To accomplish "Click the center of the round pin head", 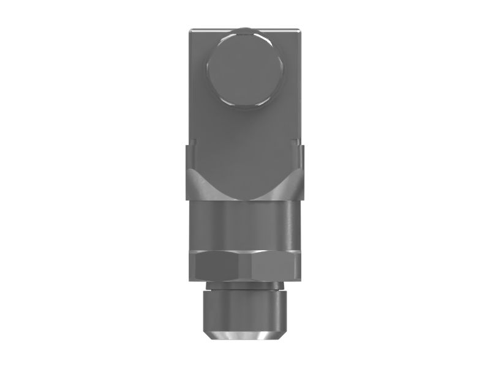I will pyautogui.click(x=246, y=69).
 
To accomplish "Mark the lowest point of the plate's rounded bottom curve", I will pyautogui.click(x=244, y=200).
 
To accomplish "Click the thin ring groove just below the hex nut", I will pyautogui.click(x=244, y=283).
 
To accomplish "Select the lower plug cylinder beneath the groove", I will pyautogui.click(x=244, y=309).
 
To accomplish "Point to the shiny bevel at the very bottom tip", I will pyautogui.click(x=244, y=336).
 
